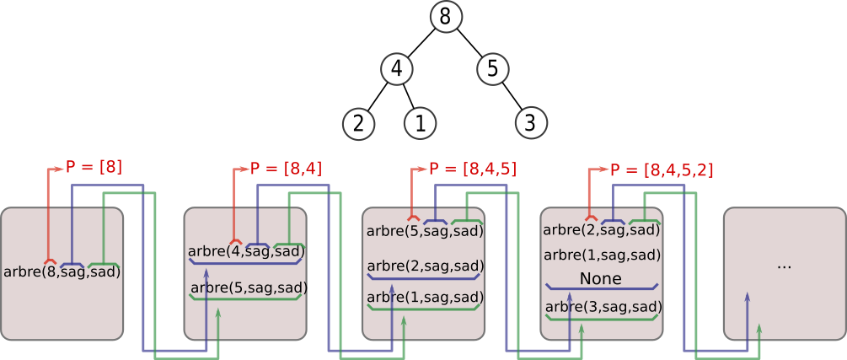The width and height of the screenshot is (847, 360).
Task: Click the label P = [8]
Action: coord(94,167)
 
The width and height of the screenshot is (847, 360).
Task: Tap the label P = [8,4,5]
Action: coord(472,169)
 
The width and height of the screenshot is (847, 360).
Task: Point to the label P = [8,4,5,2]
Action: coord(662,170)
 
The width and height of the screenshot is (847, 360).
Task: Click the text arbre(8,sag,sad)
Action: coord(62,271)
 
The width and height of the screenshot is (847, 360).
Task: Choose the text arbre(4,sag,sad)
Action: coord(246,250)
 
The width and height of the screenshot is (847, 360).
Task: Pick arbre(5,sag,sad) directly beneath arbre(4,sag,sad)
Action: coord(248,287)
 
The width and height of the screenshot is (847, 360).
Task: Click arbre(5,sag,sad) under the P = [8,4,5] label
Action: coord(425,230)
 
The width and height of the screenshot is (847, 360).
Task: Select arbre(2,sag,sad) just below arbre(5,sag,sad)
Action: coord(425,266)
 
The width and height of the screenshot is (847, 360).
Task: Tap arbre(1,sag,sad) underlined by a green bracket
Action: coord(425,297)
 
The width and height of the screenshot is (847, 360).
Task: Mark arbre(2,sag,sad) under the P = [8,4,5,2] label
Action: coord(602,229)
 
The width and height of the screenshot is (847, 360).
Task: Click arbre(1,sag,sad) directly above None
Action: coord(602,255)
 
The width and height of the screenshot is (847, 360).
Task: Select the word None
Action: coord(601,278)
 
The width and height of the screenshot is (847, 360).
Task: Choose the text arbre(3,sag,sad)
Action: coord(603,306)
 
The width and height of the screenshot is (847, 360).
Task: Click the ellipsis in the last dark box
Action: coord(784,266)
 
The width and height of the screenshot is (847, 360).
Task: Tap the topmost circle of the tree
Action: coord(446,17)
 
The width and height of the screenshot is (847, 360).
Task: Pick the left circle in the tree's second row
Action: coord(397,69)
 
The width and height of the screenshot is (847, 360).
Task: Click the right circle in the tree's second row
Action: coord(493,69)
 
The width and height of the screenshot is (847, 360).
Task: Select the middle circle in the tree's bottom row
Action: coord(420,123)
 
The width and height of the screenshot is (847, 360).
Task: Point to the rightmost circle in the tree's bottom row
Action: coord(531,123)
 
